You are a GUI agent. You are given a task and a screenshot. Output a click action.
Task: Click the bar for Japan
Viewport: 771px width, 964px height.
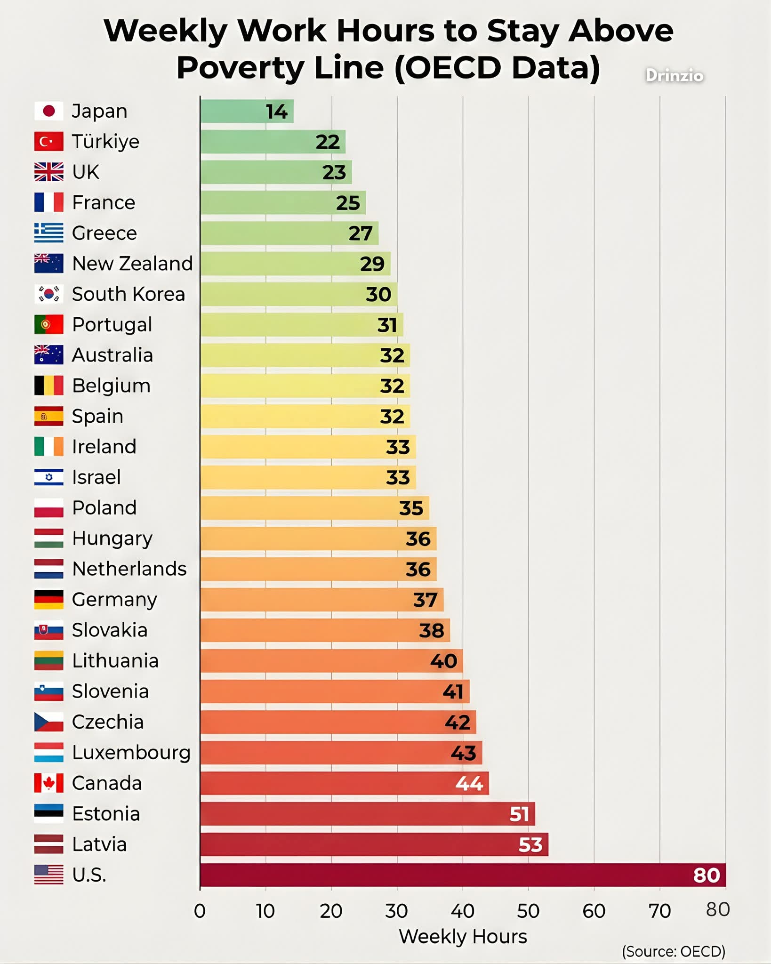246,111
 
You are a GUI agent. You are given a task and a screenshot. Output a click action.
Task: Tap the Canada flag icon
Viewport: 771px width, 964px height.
48,783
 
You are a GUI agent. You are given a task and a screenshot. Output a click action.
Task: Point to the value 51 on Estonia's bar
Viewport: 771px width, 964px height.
519,814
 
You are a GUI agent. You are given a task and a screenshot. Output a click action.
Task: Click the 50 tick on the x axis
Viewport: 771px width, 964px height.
528,911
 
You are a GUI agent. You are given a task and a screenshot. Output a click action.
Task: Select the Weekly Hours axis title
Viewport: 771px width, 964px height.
463,937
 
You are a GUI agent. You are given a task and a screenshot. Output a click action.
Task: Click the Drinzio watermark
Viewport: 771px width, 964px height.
674,76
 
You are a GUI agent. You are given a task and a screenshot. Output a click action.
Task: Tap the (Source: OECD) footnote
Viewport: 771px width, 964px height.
673,951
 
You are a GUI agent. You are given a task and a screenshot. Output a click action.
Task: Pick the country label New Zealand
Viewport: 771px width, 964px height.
132,264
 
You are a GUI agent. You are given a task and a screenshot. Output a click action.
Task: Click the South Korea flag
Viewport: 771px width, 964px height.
48,294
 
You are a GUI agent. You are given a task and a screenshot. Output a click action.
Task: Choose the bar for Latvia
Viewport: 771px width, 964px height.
374,844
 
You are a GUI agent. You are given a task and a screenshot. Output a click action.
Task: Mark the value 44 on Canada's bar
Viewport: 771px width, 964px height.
469,783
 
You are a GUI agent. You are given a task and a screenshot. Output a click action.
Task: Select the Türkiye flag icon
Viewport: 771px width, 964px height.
48,141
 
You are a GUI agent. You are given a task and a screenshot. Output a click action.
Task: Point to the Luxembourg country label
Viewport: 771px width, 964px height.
131,753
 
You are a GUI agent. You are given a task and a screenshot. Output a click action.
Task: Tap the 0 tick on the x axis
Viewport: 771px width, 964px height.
200,911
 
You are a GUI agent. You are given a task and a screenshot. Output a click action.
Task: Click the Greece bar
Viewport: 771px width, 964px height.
289,233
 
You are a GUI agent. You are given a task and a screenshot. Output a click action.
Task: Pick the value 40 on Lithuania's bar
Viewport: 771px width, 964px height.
443,661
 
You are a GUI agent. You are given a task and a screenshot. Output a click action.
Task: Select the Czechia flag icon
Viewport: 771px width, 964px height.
48,722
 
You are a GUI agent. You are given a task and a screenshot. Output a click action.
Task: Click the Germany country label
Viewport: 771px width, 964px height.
114,600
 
